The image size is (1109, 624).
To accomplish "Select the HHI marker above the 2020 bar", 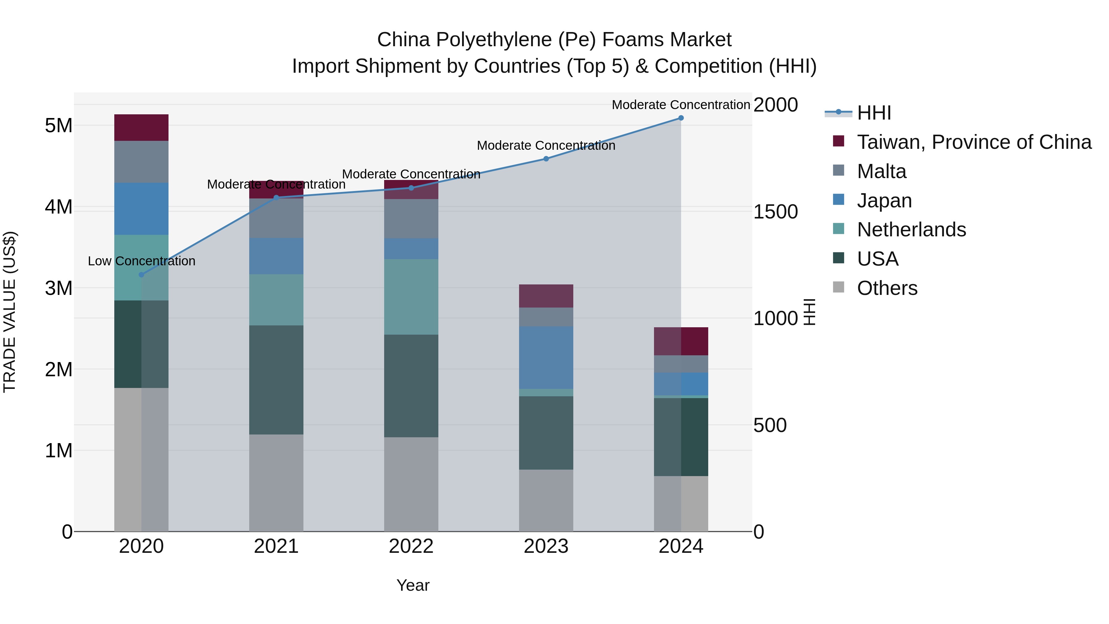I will tap(141, 275).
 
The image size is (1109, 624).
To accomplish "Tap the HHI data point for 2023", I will tap(546, 159).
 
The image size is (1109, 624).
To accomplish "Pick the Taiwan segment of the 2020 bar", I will tap(141, 128).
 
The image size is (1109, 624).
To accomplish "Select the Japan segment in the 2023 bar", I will tap(546, 357).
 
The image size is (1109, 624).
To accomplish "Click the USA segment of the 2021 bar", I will tap(276, 380).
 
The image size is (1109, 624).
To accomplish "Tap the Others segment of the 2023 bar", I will tap(546, 500).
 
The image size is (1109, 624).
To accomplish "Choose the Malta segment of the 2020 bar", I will tap(141, 162).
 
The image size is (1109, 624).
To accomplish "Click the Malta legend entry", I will tap(881, 171).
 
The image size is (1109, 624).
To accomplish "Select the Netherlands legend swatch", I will tap(839, 229).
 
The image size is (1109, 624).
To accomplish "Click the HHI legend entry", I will tap(874, 113).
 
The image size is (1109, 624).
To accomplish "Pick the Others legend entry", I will tap(887, 288).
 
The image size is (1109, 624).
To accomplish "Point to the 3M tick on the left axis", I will tap(59, 288).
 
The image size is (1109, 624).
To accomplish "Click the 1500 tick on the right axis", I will tap(775, 212).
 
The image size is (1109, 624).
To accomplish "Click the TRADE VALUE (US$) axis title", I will tap(10, 312).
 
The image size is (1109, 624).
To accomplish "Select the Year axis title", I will tap(412, 585).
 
